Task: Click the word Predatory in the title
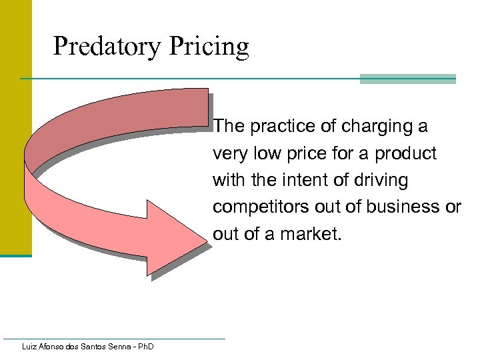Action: [x=107, y=47]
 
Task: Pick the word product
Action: [x=406, y=153]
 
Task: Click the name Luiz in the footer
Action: [x=29, y=346]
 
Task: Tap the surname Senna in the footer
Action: [x=116, y=346]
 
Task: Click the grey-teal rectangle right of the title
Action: [x=407, y=79]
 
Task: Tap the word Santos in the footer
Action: [x=87, y=346]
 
